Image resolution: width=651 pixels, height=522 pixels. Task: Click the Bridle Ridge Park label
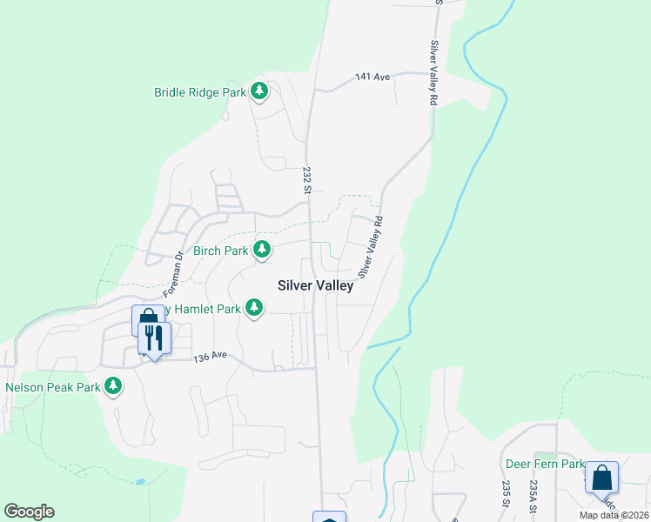pos(200,91)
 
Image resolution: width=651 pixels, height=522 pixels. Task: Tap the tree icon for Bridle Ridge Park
pos(258,90)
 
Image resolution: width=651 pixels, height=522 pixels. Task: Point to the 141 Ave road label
pos(372,77)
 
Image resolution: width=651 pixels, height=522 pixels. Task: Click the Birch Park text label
pos(220,251)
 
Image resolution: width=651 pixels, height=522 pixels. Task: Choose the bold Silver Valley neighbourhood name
pos(315,285)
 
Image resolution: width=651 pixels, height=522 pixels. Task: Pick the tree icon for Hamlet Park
pos(254,307)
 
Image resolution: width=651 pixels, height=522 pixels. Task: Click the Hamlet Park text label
pos(208,308)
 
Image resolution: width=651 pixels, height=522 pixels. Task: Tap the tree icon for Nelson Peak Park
pos(113,385)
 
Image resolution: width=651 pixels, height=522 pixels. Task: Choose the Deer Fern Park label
pos(545,464)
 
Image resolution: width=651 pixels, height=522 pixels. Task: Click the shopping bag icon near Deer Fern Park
pos(601,478)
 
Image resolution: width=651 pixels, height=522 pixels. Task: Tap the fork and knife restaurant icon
pos(155,338)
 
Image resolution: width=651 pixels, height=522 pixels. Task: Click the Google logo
pos(29,512)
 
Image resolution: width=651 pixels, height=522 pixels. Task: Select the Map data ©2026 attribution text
pos(613,515)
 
